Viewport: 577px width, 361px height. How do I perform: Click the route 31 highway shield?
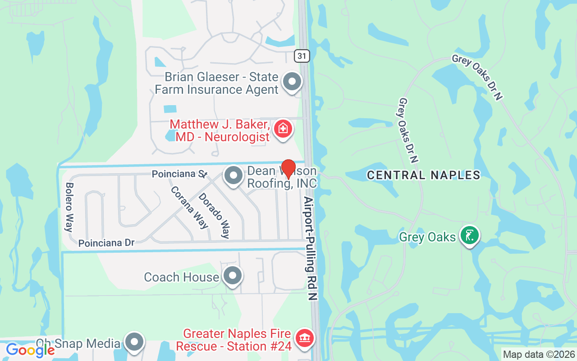tap(302, 56)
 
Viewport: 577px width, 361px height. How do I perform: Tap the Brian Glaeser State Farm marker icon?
tap(292, 82)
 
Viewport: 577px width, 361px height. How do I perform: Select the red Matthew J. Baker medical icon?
tap(283, 129)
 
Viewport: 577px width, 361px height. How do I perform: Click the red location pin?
tap(288, 170)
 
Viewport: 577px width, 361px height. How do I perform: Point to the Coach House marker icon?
tap(233, 275)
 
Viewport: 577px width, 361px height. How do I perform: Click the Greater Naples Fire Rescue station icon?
tap(305, 338)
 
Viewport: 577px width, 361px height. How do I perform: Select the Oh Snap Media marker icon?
tap(134, 342)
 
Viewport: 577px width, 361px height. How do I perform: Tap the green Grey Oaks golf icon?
tap(469, 235)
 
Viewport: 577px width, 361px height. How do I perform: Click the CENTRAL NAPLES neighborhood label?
tap(424, 175)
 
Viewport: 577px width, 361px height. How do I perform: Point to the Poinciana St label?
tap(179, 174)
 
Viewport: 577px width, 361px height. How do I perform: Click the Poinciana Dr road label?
tap(106, 243)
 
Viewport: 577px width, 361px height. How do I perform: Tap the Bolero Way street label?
tap(69, 207)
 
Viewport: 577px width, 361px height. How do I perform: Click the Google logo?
tap(30, 350)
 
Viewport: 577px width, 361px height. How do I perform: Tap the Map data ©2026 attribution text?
tap(539, 355)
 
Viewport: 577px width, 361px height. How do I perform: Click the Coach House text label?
tap(181, 277)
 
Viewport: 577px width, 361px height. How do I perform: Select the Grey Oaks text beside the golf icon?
tap(427, 237)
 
